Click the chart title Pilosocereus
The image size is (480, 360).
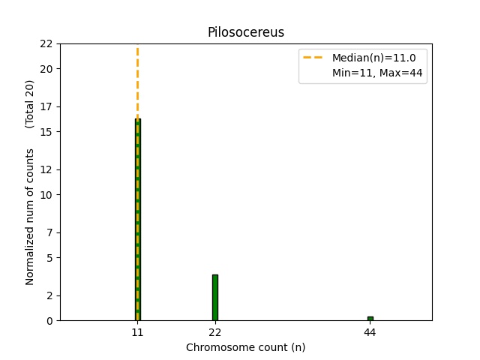coord(245,32)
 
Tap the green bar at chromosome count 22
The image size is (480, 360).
coord(215,298)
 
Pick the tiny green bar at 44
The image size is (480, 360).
coord(370,319)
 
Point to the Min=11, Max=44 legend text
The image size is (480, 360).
coord(377,73)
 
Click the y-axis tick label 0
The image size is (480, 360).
coord(49,321)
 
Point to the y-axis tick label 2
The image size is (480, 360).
coord(49,295)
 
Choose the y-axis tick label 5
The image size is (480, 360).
coord(49,258)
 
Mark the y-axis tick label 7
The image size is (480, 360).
coord(49,232)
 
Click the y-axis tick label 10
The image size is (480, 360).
coord(46,195)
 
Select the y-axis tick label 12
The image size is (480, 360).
coord(46,169)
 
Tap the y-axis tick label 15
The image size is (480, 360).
coord(46,132)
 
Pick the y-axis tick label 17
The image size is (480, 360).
coord(46,106)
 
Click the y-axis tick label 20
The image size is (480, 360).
coord(46,69)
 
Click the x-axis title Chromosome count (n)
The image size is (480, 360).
coord(245,347)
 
